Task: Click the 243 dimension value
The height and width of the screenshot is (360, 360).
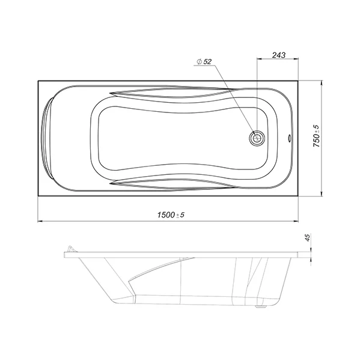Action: (x=279, y=55)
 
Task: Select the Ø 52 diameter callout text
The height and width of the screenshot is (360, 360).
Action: (x=204, y=61)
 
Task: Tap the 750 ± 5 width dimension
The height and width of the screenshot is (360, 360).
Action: (x=316, y=136)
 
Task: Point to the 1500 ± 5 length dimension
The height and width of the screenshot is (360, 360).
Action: (x=171, y=215)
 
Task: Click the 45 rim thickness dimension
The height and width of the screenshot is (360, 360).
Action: (x=308, y=237)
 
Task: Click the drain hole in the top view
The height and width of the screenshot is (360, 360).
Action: (x=257, y=138)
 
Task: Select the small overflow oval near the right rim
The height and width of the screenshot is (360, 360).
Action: (x=290, y=138)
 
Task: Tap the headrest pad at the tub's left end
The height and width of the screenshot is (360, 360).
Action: (x=47, y=138)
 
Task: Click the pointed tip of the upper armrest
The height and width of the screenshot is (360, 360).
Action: (x=110, y=93)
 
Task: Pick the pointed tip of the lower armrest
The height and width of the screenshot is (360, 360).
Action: (x=110, y=183)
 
